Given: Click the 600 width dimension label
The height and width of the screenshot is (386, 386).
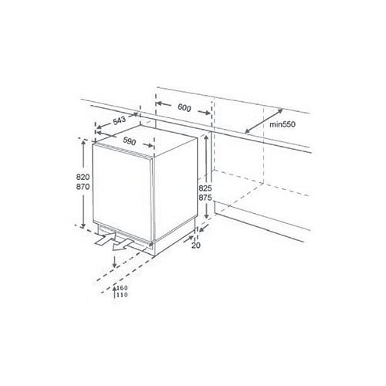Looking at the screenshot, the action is [x=185, y=107].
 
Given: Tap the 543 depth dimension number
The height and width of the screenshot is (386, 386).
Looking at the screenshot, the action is [x=120, y=120].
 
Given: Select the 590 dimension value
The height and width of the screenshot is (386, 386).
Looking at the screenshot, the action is [x=129, y=141].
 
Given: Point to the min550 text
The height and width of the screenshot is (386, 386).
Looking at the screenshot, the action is [x=283, y=124].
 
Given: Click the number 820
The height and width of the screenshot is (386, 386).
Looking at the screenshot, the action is [x=83, y=177].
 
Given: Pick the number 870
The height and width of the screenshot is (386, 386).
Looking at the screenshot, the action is [x=83, y=187].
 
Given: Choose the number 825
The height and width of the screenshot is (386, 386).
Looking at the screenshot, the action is [x=205, y=188].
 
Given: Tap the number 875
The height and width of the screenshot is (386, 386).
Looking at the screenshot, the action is [x=205, y=198].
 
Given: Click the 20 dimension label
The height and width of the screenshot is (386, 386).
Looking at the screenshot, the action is [x=196, y=245].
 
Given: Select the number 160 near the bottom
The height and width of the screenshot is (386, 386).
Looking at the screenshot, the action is [x=122, y=288].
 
